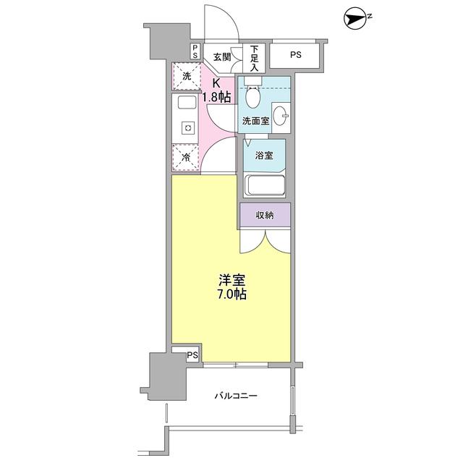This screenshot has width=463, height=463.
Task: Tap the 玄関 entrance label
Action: coord(221,57)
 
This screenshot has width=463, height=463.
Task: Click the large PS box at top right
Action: coord(297,55)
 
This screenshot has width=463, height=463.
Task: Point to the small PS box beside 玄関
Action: coord(195,53)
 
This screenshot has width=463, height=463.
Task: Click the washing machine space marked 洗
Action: coord(186,76)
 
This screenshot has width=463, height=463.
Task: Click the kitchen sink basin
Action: coord(186,103)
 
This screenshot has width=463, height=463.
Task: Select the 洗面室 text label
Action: coord(255,121)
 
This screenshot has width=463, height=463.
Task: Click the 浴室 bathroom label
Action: coord(264,155)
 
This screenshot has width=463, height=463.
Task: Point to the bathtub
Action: coord(265,185)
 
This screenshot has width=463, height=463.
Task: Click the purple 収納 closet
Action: coord(266,215)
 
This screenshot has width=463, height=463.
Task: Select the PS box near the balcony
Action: coord(192,355)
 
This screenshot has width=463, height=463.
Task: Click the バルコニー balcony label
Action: coord(236,396)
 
